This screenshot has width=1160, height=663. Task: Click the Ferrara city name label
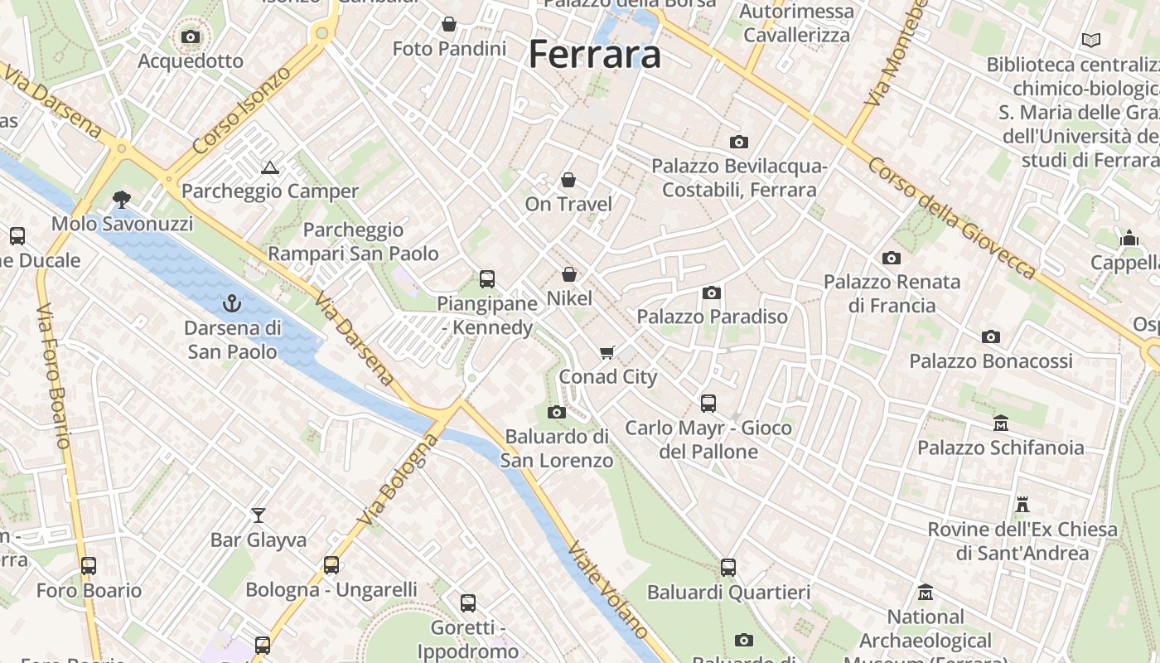point(594,55)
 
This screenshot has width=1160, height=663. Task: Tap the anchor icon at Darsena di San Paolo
point(232,304)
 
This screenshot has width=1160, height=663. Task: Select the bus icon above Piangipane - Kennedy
point(487,279)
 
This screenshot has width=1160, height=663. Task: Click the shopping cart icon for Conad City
point(607,353)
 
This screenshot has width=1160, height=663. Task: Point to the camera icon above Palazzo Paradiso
point(711,293)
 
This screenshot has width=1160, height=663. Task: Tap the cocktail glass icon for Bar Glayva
point(259,515)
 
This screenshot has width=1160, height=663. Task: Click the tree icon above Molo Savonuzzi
point(122,199)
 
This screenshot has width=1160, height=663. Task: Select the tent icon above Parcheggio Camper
point(269,167)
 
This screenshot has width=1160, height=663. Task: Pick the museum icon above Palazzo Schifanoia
point(1000,423)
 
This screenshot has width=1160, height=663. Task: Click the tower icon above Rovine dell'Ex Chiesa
point(1022,504)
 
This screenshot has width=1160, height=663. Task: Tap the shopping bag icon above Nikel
point(569,273)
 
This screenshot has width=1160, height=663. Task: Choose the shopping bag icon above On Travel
point(568,180)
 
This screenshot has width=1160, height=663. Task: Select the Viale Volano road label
point(608,589)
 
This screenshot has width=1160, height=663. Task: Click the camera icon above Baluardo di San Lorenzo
point(556,412)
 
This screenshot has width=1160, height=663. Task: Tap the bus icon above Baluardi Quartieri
point(727,568)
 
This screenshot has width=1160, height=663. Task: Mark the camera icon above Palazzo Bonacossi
point(990,336)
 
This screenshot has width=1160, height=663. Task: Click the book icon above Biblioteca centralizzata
point(1091,40)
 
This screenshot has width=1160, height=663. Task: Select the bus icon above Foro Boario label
point(89,566)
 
